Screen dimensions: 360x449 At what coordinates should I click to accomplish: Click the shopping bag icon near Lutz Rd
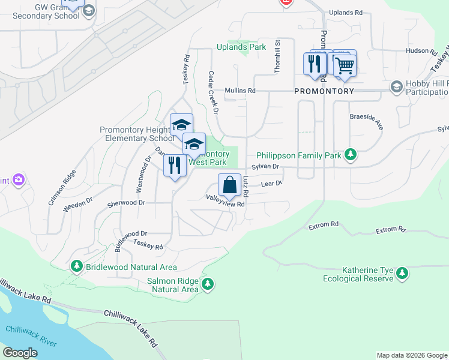[229, 185]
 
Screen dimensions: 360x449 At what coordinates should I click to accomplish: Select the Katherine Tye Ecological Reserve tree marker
[402, 274]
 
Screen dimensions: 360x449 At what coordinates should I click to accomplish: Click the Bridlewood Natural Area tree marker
[76, 266]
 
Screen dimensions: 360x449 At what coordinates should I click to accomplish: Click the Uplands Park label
[241, 47]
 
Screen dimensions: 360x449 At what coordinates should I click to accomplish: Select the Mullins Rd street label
[240, 91]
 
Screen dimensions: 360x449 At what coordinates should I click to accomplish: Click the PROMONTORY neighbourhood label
[324, 91]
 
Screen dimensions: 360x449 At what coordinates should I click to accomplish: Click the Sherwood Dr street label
[127, 203]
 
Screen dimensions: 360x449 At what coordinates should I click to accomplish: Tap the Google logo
[20, 353]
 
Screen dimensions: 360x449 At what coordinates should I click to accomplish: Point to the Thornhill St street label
[278, 56]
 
